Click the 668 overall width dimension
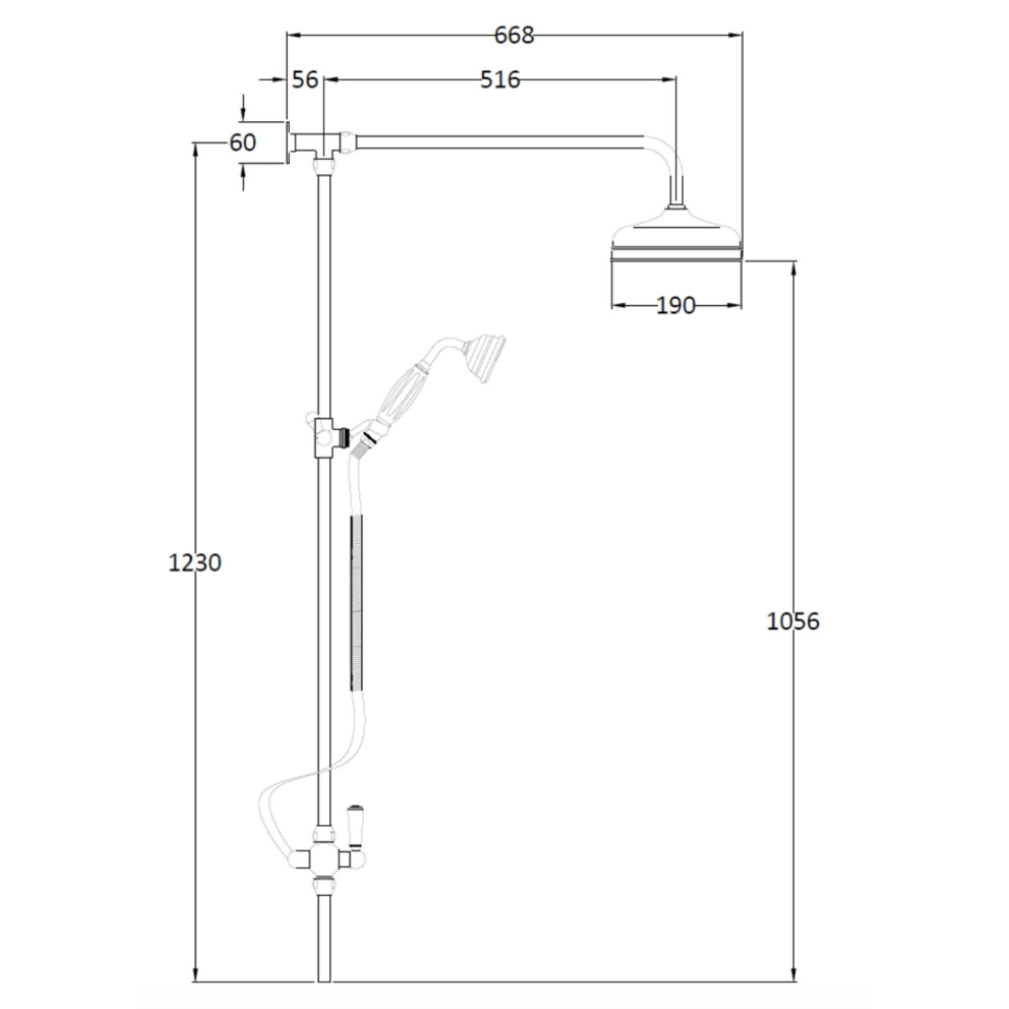[x=514, y=35]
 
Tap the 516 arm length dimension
[x=500, y=80]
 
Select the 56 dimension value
[x=305, y=80]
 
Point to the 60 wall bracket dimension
[x=243, y=142]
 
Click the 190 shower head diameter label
[x=676, y=305]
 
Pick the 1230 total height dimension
[x=194, y=562]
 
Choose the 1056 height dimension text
[x=793, y=621]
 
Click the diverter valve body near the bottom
[x=324, y=859]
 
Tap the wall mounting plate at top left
[x=287, y=143]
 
